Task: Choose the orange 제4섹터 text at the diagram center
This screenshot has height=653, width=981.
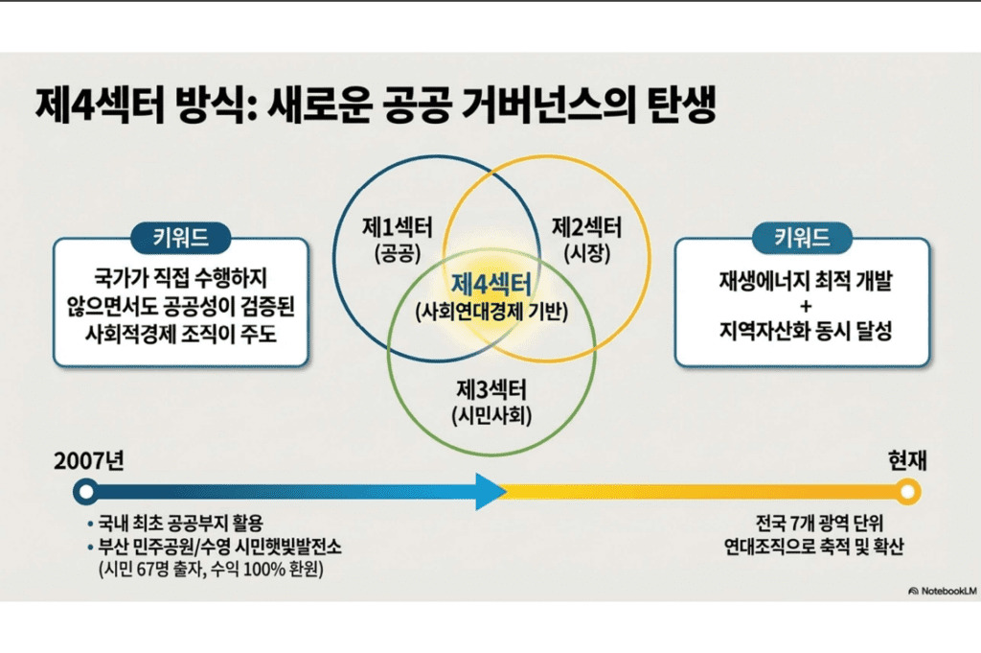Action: (491, 286)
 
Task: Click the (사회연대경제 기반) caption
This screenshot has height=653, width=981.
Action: (491, 312)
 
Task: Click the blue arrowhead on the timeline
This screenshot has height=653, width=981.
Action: (490, 492)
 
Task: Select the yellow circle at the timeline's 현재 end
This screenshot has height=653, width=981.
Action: (907, 492)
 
